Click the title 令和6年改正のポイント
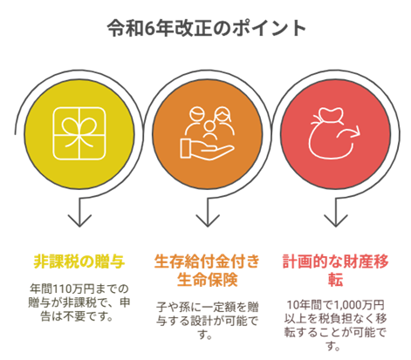[206, 28]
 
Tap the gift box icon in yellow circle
[79, 133]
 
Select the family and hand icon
[208, 133]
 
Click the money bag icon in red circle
[334, 133]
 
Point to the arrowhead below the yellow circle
[79, 221]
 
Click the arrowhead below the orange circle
[208, 221]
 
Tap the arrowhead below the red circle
[336, 221]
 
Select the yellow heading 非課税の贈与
[79, 262]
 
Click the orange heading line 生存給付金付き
[207, 262]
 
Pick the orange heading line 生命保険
[207, 280]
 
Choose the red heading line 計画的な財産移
[335, 262]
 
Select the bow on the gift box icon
[79, 132]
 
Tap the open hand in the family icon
[207, 150]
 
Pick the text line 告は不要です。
[77, 316]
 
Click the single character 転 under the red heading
[335, 280]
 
